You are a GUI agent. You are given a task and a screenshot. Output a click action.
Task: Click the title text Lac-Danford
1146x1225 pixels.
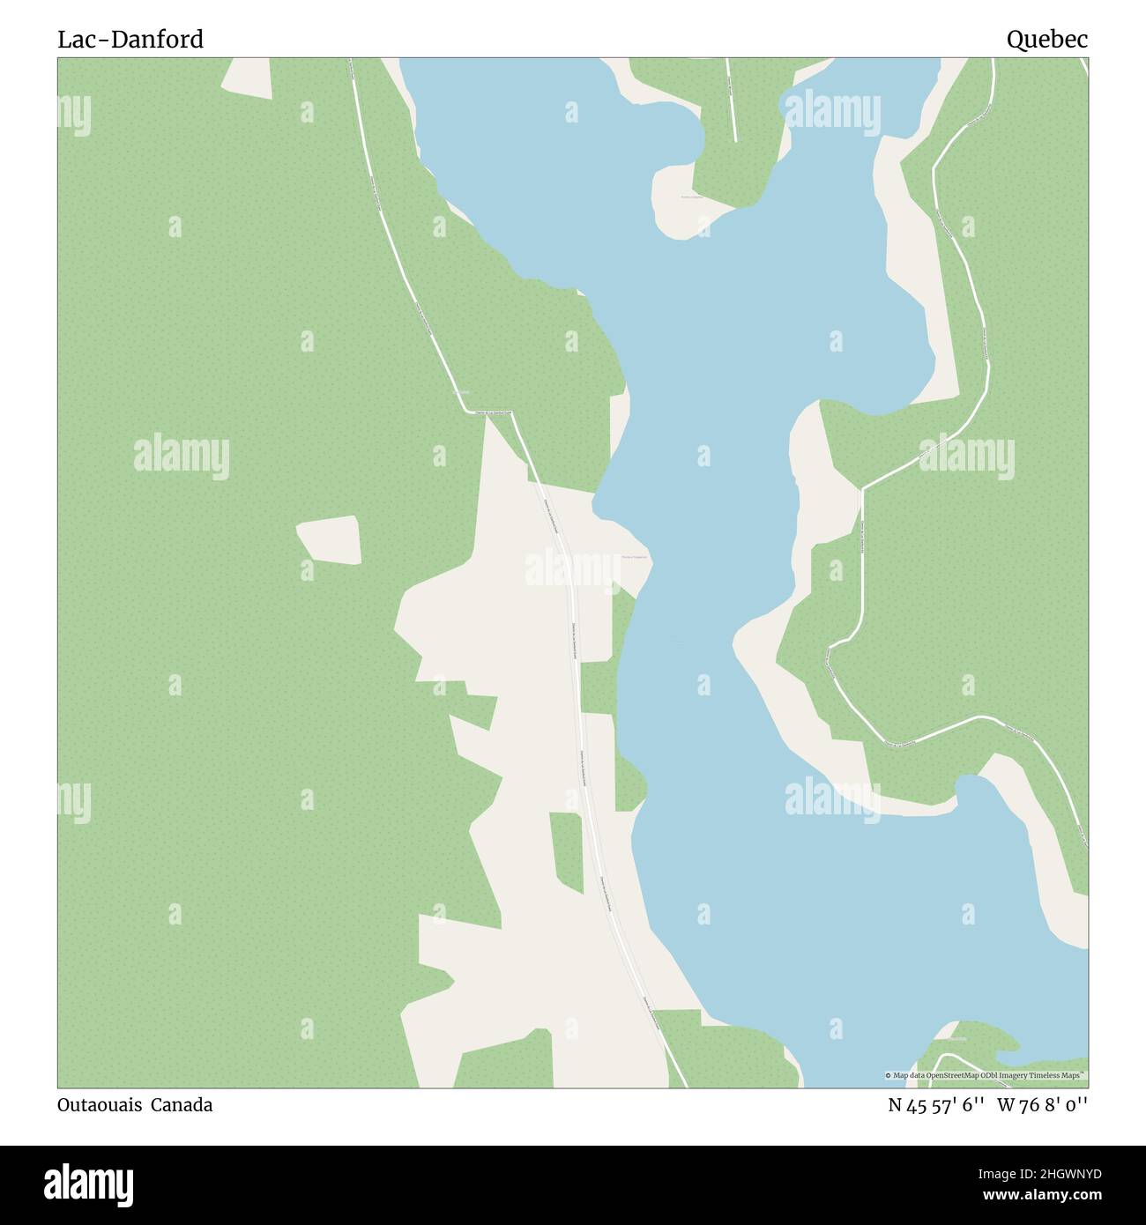click(130, 40)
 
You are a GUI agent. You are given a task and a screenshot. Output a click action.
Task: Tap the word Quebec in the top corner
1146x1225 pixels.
click(1047, 40)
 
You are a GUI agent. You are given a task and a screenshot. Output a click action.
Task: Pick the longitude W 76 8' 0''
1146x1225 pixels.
click(1043, 1105)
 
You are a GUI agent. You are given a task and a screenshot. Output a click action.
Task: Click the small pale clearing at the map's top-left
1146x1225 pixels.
click(246, 76)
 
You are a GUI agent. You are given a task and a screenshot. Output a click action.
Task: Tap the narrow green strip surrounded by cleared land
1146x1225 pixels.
click(566, 851)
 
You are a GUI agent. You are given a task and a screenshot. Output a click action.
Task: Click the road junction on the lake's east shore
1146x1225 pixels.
click(861, 487)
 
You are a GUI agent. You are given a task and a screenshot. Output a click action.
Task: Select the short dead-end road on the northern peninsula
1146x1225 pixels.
click(731, 97)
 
